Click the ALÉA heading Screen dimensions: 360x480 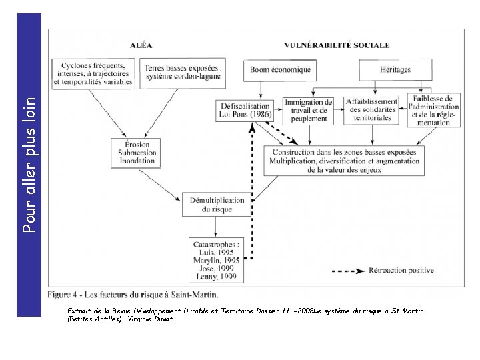(x=140, y=46)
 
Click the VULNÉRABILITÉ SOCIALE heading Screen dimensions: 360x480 (x=336, y=46)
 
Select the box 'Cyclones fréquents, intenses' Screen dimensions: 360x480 (x=95, y=73)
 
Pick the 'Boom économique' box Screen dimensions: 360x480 (x=280, y=69)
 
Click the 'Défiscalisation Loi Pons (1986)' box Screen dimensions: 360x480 (x=243, y=110)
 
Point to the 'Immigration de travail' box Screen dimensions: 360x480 (x=306, y=110)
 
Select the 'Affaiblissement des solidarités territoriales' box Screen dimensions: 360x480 (x=371, y=110)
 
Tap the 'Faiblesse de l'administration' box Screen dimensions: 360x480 (x=434, y=110)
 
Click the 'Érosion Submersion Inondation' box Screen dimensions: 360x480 (x=137, y=153)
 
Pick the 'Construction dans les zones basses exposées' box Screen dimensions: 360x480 (x=344, y=161)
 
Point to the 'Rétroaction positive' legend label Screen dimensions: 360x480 (x=401, y=271)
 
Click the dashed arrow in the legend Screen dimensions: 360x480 (x=349, y=271)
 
